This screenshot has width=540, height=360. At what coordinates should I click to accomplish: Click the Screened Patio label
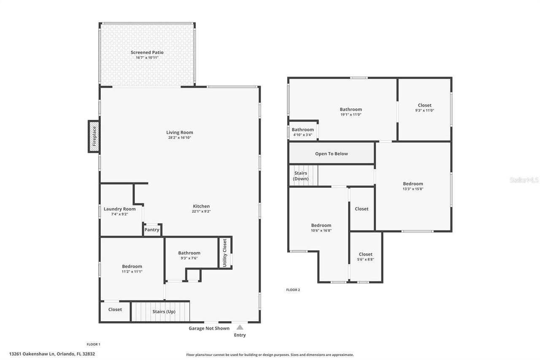point(147,52)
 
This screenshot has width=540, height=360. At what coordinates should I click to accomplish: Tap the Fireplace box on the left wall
point(94,136)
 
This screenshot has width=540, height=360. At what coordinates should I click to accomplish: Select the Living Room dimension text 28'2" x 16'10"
point(179,138)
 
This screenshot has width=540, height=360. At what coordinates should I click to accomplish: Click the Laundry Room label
point(120,209)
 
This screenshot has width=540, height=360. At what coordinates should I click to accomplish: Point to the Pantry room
point(152,230)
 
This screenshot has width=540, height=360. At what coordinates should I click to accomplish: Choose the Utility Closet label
point(225,252)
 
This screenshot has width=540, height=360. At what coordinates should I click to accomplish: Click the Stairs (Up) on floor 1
point(164,311)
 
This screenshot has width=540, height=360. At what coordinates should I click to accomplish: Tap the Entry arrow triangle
point(240,327)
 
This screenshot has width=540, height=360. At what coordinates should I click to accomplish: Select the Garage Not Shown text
point(209,328)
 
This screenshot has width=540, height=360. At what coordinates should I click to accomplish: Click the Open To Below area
point(332,154)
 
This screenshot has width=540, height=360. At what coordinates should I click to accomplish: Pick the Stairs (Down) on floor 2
point(301,176)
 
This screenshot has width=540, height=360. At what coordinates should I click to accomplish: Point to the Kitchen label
point(201,206)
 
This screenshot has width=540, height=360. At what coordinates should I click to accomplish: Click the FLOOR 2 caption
point(293,290)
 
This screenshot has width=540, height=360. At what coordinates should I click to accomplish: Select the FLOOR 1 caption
point(93,344)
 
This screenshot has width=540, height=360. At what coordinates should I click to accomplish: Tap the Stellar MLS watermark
point(524,180)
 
